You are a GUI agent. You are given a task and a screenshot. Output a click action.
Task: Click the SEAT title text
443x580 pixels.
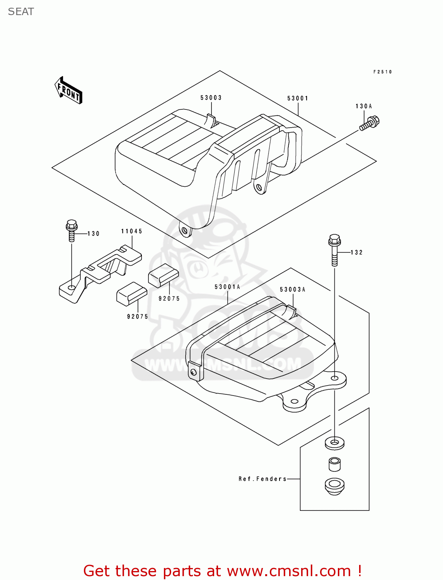pos(21,12)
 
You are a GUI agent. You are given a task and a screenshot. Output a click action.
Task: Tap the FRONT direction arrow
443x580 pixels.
pos(68,90)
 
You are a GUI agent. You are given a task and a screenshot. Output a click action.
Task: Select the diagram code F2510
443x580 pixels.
pos(382,72)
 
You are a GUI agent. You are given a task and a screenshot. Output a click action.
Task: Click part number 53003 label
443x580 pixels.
pos(211,98)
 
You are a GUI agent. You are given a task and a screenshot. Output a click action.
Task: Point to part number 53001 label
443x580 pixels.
pos(298,98)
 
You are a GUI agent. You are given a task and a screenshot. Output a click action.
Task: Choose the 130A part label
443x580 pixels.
pos(363,106)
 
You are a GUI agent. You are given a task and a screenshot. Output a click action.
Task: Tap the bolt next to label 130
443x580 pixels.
pos(72,230)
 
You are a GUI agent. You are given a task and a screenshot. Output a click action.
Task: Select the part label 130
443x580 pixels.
pos(94,234)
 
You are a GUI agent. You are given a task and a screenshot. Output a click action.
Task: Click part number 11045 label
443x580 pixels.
pos(131,231)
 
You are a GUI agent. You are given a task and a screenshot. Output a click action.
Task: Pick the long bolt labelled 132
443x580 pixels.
pos(334,250)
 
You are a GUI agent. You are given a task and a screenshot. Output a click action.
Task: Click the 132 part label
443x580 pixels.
pos(357,252)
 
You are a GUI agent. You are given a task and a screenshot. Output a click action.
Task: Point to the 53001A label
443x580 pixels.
pos(227,287)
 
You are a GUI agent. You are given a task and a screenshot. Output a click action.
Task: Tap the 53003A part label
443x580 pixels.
pos(292,289)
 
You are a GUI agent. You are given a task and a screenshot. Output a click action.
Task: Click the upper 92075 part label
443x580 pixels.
pos(169,299)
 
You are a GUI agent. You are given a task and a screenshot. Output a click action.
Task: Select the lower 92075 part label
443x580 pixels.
pos(138,317)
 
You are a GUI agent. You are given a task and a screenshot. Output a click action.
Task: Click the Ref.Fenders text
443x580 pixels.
pos(262,479)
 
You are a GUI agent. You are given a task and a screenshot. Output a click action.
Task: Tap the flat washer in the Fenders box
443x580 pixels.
pos(334,443)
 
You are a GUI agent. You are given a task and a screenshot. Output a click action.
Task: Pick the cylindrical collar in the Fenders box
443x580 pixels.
pos(334,464)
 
